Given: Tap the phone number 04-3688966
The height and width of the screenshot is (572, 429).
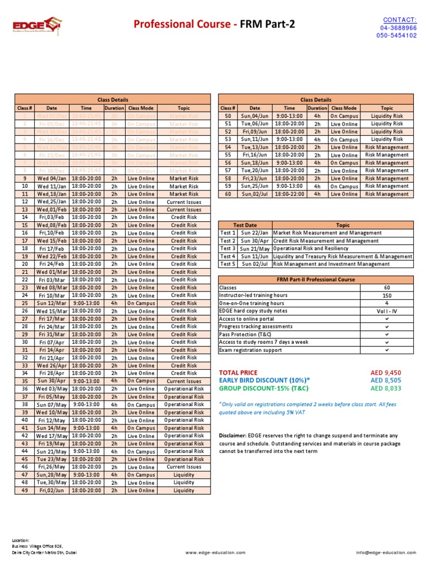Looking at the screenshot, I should pos(398,27).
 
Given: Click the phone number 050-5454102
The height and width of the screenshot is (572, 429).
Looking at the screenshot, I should pos(397,35).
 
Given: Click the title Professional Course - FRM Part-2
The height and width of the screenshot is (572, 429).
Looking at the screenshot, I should pos(214,24).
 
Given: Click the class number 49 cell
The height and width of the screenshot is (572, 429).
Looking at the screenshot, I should pos(25,490).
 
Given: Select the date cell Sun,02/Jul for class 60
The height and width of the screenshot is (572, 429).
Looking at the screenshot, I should pos(255,194).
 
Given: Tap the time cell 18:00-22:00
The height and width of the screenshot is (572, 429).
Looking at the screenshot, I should pos(289,194).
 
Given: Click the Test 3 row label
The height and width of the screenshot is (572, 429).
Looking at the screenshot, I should pos(227,249).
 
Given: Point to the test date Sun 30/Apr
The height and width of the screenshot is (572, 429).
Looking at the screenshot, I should pos(255,241).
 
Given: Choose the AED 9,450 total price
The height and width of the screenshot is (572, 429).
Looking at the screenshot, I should pos(386,373).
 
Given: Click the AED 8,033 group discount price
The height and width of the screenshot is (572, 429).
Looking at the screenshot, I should pos(386,388).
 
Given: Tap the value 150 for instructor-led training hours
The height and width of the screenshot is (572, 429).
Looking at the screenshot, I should pos(387,295).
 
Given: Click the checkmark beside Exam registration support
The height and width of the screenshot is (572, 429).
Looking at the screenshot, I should pos(387,350).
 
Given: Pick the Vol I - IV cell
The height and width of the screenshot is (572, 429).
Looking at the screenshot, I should pos(387,311).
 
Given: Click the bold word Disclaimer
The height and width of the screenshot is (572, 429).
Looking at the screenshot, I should pos(232,436).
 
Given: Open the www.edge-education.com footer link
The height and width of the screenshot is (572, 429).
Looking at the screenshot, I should pos(215,552).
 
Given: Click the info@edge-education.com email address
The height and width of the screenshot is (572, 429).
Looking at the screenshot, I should pos(385,552).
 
